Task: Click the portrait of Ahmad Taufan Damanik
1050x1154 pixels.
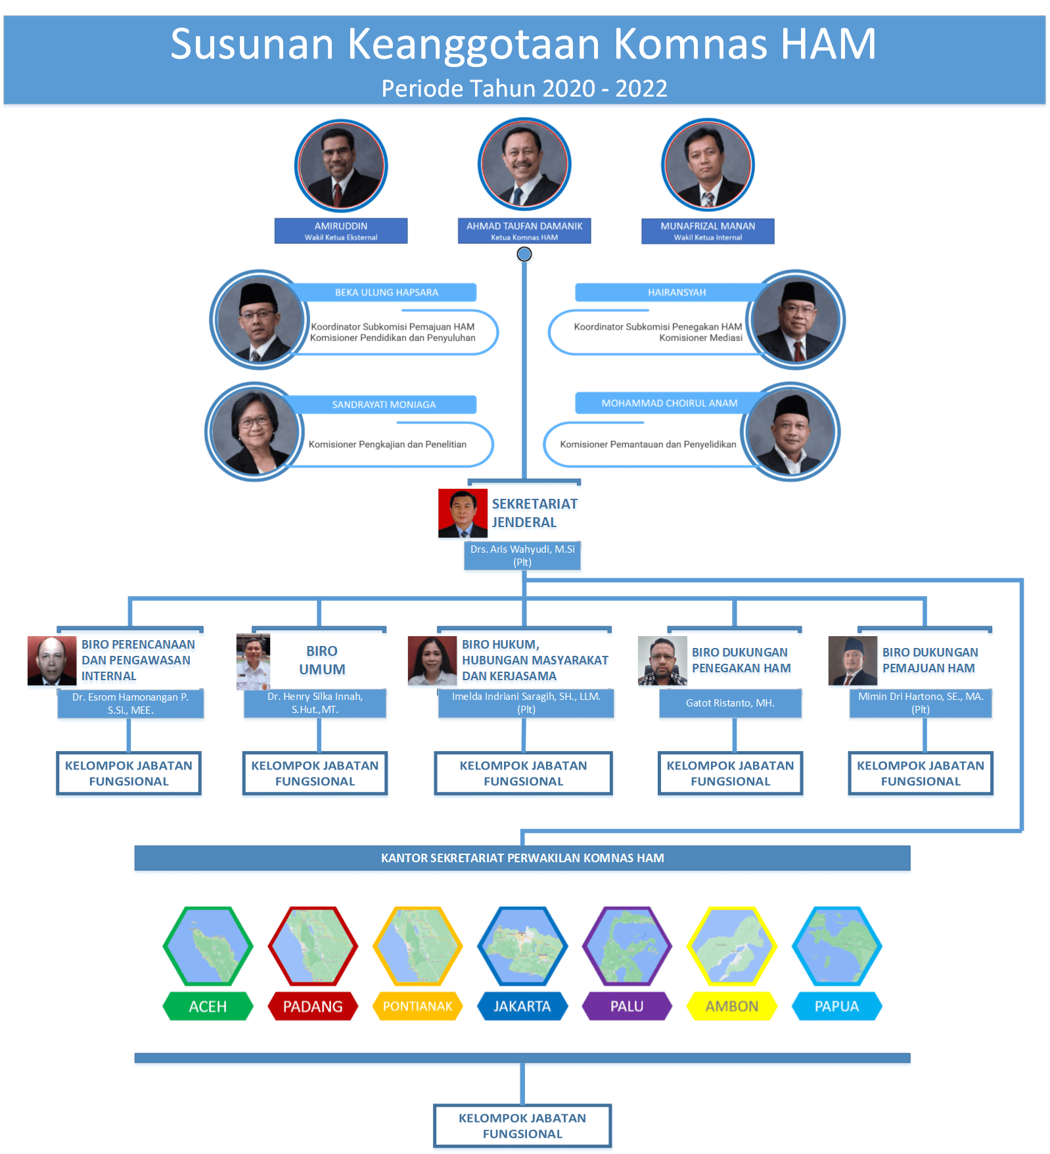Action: click(x=524, y=164)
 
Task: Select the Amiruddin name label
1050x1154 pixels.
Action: click(x=340, y=231)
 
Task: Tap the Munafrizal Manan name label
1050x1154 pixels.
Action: click(x=707, y=231)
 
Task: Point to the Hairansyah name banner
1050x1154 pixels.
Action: click(x=676, y=292)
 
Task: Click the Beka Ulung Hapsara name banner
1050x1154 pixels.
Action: click(x=386, y=292)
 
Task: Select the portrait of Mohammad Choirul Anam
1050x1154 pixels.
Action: click(x=790, y=432)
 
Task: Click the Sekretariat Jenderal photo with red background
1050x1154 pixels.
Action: click(x=463, y=513)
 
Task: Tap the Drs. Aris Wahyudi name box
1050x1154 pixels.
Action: click(x=522, y=555)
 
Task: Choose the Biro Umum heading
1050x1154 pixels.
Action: click(x=321, y=660)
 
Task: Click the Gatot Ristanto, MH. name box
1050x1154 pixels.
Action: click(x=730, y=703)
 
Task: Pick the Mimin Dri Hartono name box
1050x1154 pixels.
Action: click(x=920, y=703)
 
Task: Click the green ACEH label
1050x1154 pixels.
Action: click(x=208, y=1006)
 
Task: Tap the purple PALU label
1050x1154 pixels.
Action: click(x=627, y=1006)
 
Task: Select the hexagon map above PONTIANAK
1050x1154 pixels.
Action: click(x=417, y=946)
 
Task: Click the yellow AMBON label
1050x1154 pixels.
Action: click(x=731, y=1006)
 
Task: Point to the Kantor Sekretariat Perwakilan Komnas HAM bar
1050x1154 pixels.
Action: click(x=522, y=858)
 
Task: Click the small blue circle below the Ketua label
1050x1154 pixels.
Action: click(x=524, y=254)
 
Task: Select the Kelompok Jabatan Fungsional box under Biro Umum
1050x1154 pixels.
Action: click(x=315, y=773)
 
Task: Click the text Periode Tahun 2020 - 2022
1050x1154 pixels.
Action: click(x=524, y=88)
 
